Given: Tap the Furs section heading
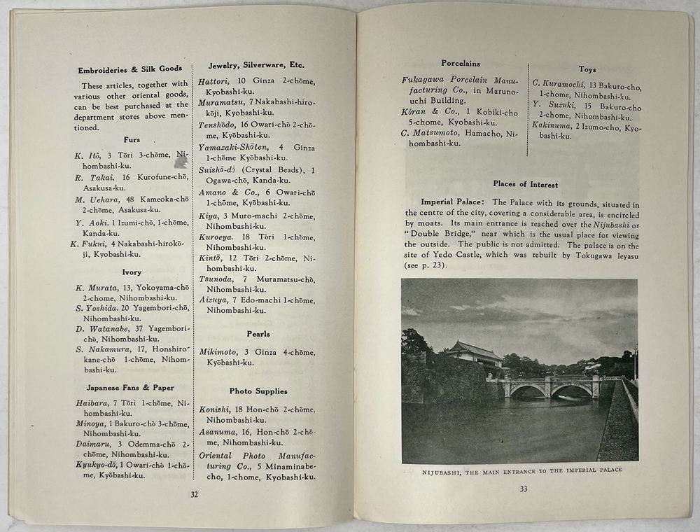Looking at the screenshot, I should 132,140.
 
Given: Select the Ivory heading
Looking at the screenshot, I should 132,272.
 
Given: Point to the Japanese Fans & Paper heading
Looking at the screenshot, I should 130,388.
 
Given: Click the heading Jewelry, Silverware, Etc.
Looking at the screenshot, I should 256,65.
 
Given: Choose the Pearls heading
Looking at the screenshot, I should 258,334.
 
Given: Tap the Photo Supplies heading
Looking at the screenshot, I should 258,391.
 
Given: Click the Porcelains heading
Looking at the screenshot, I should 460,64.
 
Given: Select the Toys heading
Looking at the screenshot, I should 587,69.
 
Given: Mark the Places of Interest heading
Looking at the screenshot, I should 525,185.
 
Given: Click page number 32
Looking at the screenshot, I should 195,495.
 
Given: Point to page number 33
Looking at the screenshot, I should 523,489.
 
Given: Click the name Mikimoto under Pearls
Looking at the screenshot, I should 216,351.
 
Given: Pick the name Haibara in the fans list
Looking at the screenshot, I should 91,402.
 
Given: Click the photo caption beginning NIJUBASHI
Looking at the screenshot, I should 521,470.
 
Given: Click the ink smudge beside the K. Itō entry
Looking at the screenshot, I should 180,161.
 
